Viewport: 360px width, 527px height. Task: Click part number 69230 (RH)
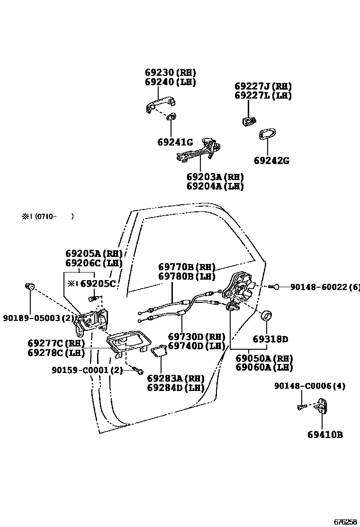[170, 73]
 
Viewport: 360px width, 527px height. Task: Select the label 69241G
[175, 142]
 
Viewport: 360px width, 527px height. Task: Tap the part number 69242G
[271, 161]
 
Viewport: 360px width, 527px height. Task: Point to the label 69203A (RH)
[215, 177]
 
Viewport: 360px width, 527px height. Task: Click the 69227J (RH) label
[263, 86]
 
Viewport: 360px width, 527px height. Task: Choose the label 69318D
[270, 339]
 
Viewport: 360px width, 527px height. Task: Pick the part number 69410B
[324, 435]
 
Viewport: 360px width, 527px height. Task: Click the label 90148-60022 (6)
[324, 287]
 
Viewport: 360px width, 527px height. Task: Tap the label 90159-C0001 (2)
[87, 370]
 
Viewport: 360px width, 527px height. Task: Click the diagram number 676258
[345, 522]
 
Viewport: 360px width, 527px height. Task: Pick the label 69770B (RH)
[187, 267]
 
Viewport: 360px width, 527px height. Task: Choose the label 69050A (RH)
[264, 358]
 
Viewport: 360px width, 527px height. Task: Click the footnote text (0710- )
[47, 217]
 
